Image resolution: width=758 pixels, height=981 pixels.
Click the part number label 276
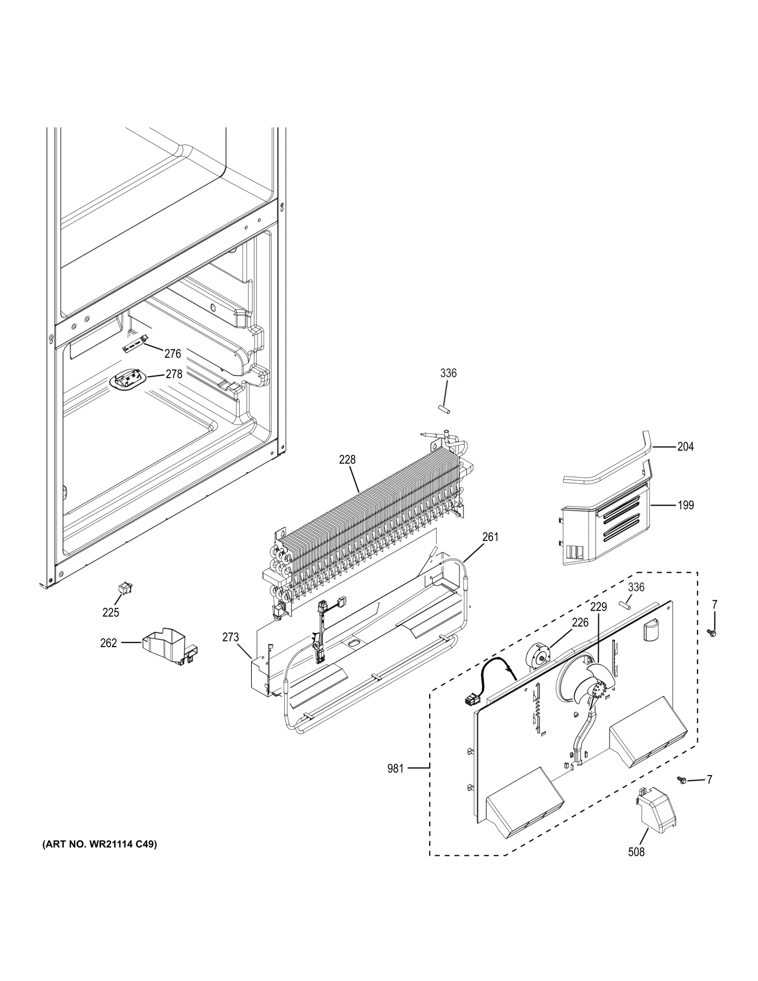pyautogui.click(x=172, y=354)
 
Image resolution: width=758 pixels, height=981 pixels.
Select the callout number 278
pyautogui.click(x=174, y=374)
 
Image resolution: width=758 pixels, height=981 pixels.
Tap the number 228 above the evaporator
pyautogui.click(x=347, y=459)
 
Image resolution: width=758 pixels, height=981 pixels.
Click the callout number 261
pyautogui.click(x=490, y=536)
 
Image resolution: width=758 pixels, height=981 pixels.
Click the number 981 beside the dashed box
pyautogui.click(x=395, y=769)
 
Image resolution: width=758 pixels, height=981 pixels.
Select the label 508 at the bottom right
pyautogui.click(x=636, y=852)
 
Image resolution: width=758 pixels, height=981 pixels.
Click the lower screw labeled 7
pyautogui.click(x=680, y=780)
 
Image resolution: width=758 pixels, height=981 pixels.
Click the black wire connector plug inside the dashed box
pyautogui.click(x=470, y=699)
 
